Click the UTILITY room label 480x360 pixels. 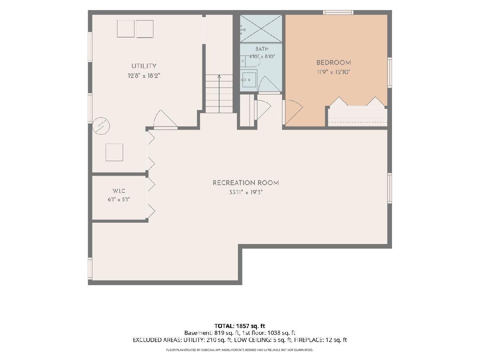pyautogui.click(x=144, y=66)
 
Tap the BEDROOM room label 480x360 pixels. pyautogui.click(x=334, y=63)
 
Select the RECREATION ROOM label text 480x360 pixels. pyautogui.click(x=246, y=183)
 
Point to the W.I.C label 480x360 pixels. pyautogui.click(x=119, y=191)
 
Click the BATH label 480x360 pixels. pyautogui.click(x=262, y=49)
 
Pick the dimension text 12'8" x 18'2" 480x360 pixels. pyautogui.click(x=144, y=76)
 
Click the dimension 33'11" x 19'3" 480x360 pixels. pyautogui.click(x=246, y=192)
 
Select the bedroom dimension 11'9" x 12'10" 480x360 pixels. pyautogui.click(x=334, y=72)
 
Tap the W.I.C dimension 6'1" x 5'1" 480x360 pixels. pyautogui.click(x=119, y=200)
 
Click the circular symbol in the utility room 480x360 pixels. pyautogui.click(x=101, y=126)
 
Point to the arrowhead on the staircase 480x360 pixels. pyautogui.click(x=219, y=76)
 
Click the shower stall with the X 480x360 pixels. pyautogui.click(x=261, y=29)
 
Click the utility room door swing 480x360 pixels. pyautogui.click(x=165, y=119)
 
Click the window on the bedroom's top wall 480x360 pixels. pyautogui.click(x=338, y=12)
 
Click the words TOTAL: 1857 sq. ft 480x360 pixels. pyautogui.click(x=240, y=326)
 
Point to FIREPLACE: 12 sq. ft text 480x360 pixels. pyautogui.click(x=320, y=340)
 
